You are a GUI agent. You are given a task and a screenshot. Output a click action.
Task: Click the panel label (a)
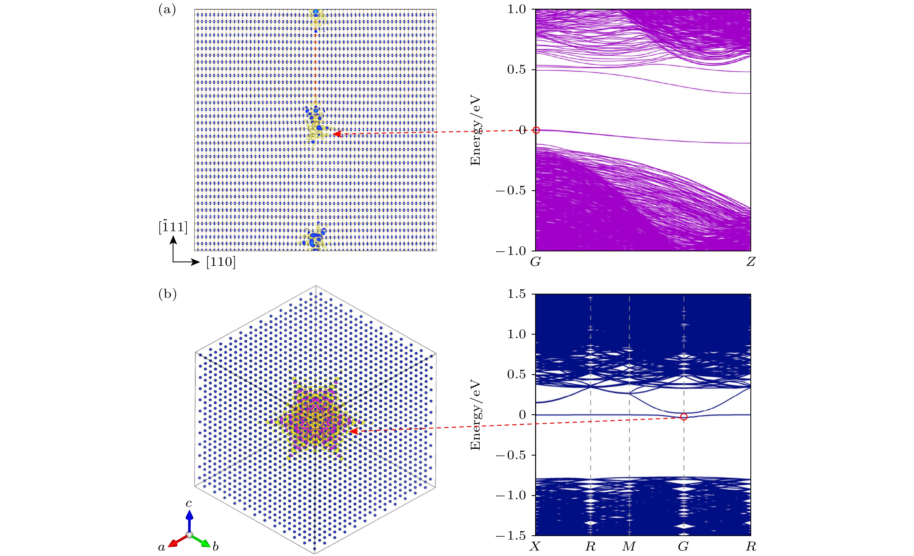click(167, 10)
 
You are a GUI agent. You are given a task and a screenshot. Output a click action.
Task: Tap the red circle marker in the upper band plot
click(536, 130)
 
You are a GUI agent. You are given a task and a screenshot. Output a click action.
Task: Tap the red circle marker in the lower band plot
click(684, 417)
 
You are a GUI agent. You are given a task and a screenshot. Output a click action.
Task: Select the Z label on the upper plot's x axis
click(750, 262)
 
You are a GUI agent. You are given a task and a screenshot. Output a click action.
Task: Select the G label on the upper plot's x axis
click(535, 262)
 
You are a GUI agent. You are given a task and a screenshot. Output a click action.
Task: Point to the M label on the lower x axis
click(629, 546)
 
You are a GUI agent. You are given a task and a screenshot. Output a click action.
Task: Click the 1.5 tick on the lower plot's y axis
click(517, 294)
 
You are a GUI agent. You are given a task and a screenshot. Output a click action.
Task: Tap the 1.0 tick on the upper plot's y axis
click(517, 9)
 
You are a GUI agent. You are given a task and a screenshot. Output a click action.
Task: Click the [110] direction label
click(221, 262)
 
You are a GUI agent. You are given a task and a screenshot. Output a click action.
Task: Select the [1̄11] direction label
click(173, 227)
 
